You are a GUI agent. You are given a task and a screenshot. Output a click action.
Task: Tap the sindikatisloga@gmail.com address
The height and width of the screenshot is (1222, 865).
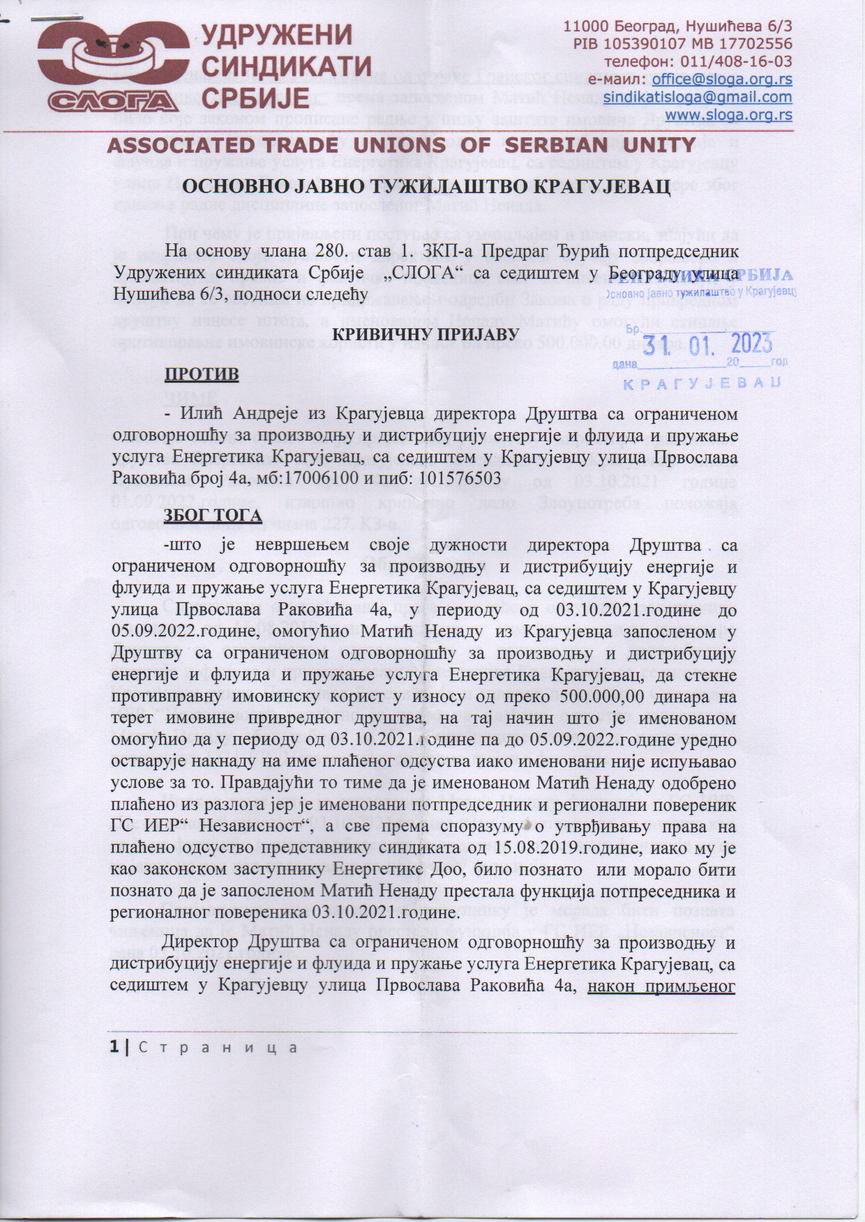(x=698, y=97)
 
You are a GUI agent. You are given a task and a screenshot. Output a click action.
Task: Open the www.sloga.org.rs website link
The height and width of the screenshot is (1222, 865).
(x=728, y=114)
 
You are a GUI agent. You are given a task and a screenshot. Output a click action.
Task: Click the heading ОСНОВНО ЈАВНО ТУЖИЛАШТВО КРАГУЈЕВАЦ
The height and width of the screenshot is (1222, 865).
(x=426, y=187)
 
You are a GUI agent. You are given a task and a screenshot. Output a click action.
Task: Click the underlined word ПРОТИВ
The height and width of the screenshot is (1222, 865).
(x=201, y=374)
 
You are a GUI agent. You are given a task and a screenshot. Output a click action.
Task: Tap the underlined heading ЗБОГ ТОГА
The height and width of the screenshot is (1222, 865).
(x=213, y=515)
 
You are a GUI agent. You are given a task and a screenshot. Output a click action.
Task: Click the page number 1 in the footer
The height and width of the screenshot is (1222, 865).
(x=113, y=1048)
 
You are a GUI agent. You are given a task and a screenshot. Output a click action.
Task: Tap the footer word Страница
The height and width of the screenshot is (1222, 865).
(x=218, y=1048)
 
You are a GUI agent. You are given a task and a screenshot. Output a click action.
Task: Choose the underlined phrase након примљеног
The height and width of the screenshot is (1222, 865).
(x=662, y=986)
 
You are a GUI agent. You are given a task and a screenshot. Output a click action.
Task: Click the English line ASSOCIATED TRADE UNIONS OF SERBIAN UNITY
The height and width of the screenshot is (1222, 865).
(x=401, y=145)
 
